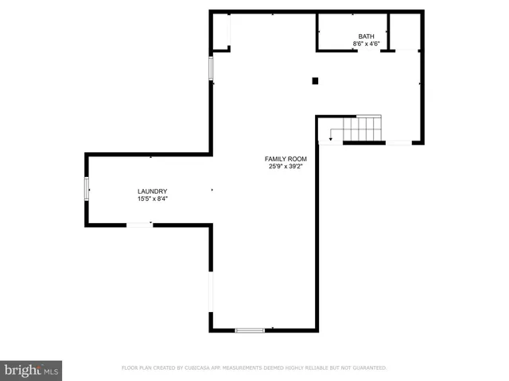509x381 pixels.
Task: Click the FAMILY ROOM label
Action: tap(286, 159)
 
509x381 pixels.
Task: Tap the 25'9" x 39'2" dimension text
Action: tap(286, 167)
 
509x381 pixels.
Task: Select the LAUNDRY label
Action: tap(152, 191)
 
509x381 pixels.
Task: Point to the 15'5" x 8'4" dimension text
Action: tap(152, 199)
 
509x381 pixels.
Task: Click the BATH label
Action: tap(366, 37)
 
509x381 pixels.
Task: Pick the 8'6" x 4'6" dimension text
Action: tap(366, 44)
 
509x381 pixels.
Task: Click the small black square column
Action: tap(315, 80)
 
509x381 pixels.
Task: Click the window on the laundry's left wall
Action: tap(87, 189)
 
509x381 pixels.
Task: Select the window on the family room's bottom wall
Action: tap(250, 329)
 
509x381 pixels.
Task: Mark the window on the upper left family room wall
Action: tap(211, 68)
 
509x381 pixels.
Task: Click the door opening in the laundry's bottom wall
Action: tap(140, 225)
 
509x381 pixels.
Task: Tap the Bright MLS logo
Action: tap(31, 370)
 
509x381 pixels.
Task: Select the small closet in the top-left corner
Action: tap(220, 30)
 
